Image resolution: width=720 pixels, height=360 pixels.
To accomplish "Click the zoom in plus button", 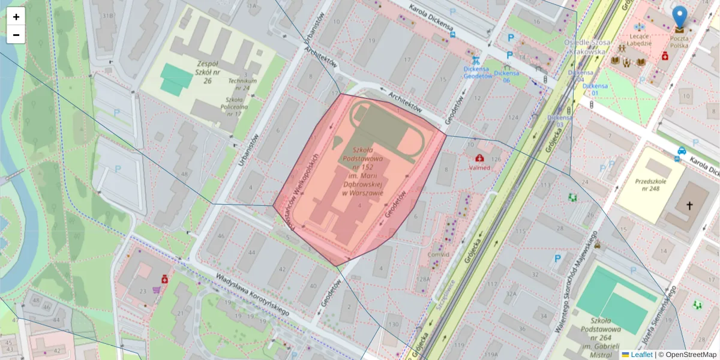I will pyautogui.click(x=16, y=17).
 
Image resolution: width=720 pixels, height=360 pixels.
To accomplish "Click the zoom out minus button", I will pyautogui.click(x=16, y=35).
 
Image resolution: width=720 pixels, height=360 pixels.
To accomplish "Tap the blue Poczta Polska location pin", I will pyautogui.click(x=679, y=18).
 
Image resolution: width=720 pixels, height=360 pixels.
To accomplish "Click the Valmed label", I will pyautogui.click(x=479, y=168).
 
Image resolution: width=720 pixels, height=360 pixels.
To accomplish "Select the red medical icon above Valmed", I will pyautogui.click(x=479, y=158).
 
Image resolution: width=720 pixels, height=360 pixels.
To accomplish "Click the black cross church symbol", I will pyautogui.click(x=689, y=206).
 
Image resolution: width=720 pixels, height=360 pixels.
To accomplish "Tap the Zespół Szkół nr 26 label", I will pyautogui.click(x=200, y=71).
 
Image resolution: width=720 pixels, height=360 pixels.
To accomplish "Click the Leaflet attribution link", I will pyautogui.click(x=641, y=355).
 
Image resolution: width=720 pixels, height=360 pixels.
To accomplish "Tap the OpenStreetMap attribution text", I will pyautogui.click(x=687, y=355).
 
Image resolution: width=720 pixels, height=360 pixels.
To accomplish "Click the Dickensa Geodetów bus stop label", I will pyautogui.click(x=478, y=72).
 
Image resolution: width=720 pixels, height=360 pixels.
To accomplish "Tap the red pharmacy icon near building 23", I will pyautogui.click(x=164, y=279).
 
